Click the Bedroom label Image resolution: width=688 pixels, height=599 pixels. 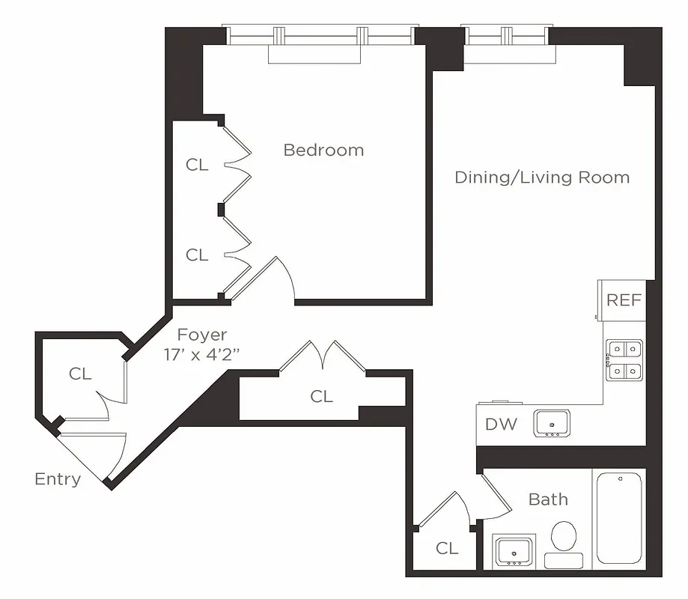[323, 150]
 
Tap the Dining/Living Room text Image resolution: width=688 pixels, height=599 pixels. [542, 177]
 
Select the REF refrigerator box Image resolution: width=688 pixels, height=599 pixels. [623, 300]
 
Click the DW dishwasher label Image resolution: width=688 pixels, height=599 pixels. [501, 425]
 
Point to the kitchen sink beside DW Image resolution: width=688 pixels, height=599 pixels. [552, 423]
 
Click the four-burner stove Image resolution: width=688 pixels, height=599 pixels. [624, 359]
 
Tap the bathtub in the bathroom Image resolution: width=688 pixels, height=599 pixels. [618, 517]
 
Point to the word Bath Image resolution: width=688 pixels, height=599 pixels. [548, 499]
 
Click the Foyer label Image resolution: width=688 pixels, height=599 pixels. [201, 335]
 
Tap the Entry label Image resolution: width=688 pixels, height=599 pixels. [58, 479]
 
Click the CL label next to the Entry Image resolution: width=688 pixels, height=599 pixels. [80, 374]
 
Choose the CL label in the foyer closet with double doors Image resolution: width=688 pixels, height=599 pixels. [321, 396]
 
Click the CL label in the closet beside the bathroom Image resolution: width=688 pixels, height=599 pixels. [447, 549]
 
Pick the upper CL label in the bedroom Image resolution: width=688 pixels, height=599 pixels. [197, 165]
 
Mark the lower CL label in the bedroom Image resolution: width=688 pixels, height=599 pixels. [197, 255]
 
